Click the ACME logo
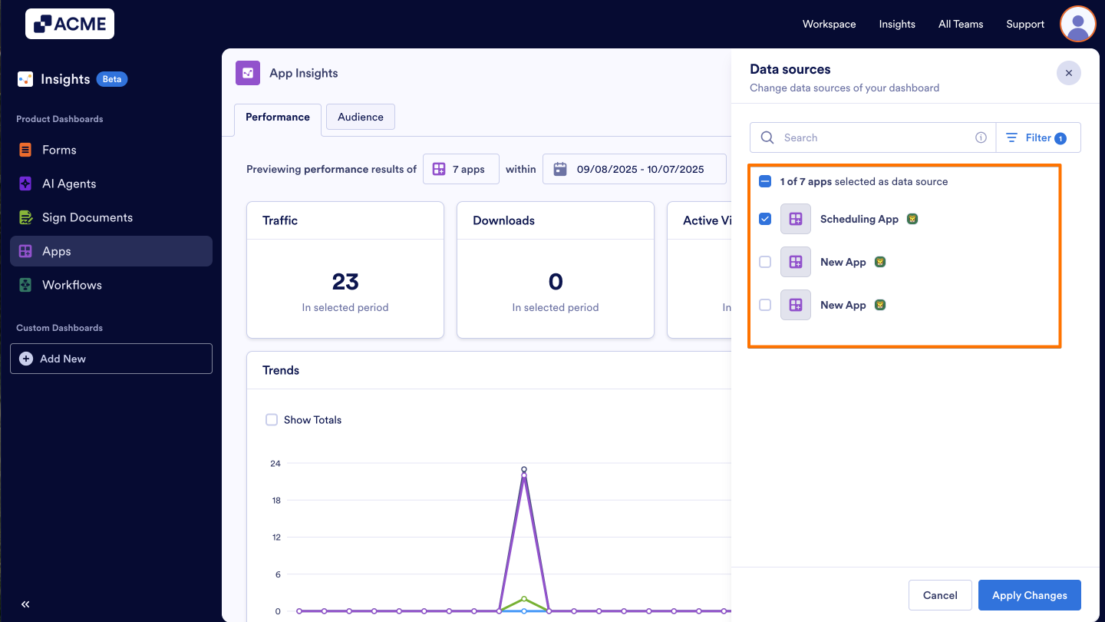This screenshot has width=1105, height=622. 70,24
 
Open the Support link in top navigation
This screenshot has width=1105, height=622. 1025,24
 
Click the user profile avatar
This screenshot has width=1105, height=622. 1077,24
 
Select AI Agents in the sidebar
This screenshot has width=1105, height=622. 69,184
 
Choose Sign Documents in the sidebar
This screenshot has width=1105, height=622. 87,217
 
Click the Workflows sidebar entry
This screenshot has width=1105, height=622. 71,285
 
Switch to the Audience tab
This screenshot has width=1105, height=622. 360,117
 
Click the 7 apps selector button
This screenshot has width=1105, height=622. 460,169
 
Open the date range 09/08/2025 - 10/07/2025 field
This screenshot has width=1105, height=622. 634,169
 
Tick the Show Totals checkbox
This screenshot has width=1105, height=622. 272,420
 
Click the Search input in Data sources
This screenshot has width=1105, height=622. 875,137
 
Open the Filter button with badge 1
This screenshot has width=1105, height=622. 1038,137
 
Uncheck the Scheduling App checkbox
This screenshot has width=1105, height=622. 765,219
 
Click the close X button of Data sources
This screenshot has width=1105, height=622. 1068,73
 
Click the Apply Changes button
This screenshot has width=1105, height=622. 1029,595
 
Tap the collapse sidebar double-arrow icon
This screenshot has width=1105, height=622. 25,604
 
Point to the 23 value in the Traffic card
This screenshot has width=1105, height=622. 345,282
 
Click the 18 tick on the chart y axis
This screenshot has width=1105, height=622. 275,501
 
